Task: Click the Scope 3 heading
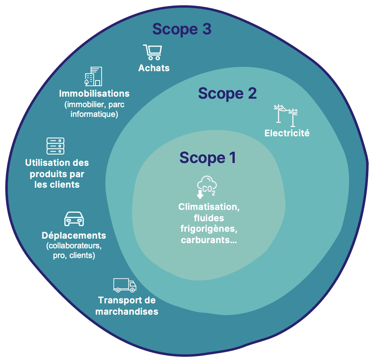click(x=182, y=30)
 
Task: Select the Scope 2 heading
click(x=227, y=93)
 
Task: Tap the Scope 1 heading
click(x=208, y=158)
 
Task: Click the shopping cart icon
click(x=153, y=52)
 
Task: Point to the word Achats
click(x=154, y=68)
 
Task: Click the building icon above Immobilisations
click(x=93, y=76)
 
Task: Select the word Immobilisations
click(x=94, y=93)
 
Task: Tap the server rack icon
click(x=55, y=146)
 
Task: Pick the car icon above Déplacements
click(x=74, y=219)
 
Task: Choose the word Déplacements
click(x=74, y=235)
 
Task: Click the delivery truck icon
click(x=125, y=285)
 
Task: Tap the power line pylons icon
click(x=286, y=114)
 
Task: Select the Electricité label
click(x=287, y=133)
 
